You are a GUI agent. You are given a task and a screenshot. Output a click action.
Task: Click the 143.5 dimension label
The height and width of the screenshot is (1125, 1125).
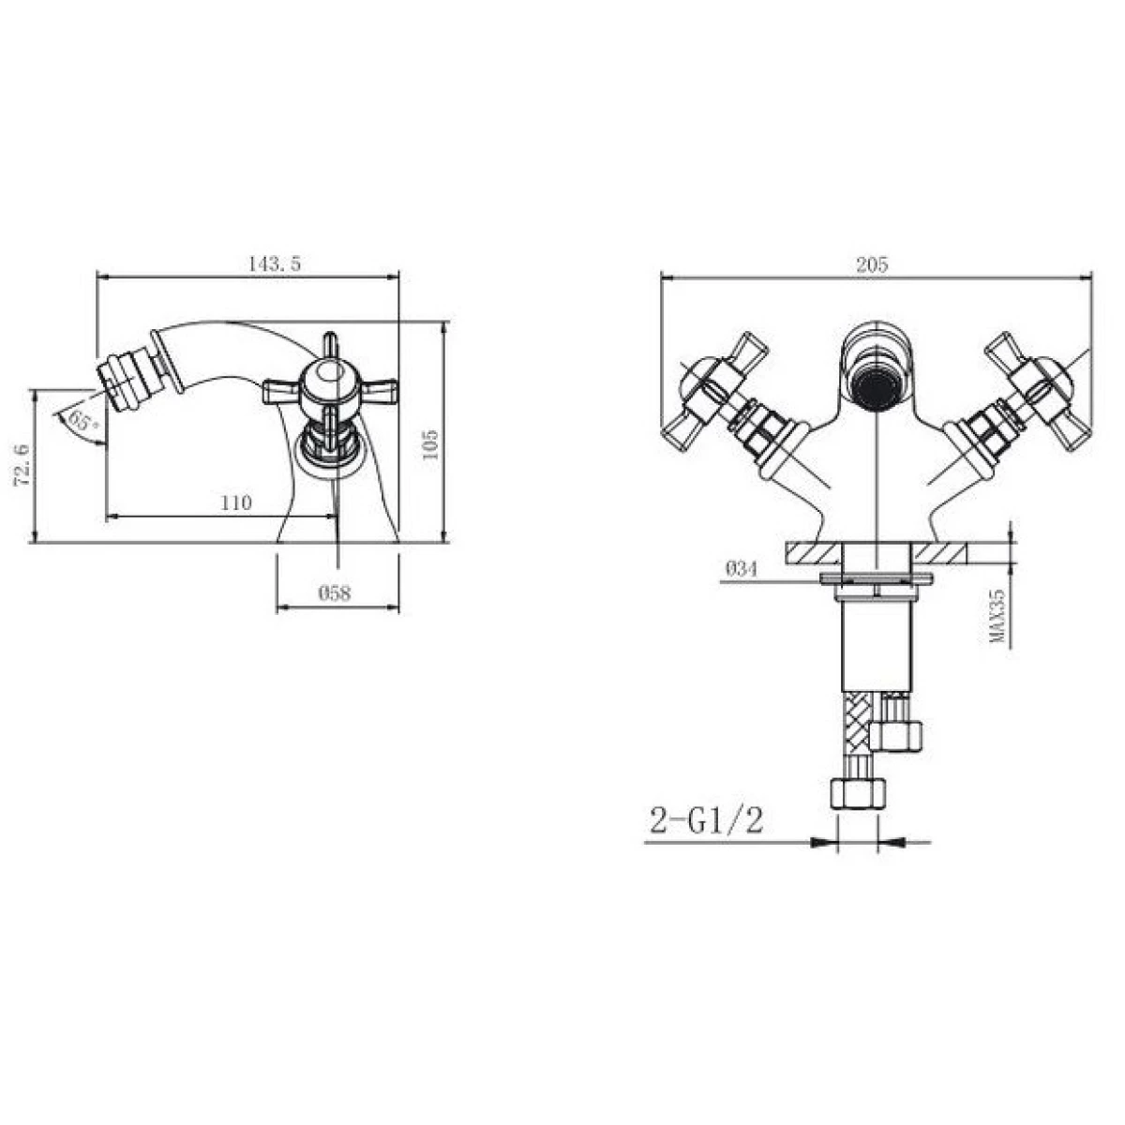pyautogui.click(x=275, y=263)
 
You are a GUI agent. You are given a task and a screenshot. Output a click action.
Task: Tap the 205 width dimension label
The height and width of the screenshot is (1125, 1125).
pyautogui.click(x=872, y=265)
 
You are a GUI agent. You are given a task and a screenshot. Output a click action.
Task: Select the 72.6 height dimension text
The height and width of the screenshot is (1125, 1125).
pyautogui.click(x=22, y=465)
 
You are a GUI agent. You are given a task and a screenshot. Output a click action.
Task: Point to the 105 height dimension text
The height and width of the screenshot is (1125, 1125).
pyautogui.click(x=429, y=445)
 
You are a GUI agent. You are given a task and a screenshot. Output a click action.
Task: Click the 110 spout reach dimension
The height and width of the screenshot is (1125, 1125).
pyautogui.click(x=236, y=502)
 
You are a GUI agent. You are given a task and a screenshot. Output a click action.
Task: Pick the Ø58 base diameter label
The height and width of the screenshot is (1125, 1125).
pyautogui.click(x=335, y=593)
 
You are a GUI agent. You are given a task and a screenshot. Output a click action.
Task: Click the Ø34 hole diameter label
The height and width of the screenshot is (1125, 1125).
pyautogui.click(x=741, y=569)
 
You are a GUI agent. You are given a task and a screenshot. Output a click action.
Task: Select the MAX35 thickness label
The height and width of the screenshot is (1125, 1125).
pyautogui.click(x=997, y=616)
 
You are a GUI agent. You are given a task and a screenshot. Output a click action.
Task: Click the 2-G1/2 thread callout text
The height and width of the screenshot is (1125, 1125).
pyautogui.click(x=707, y=821)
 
